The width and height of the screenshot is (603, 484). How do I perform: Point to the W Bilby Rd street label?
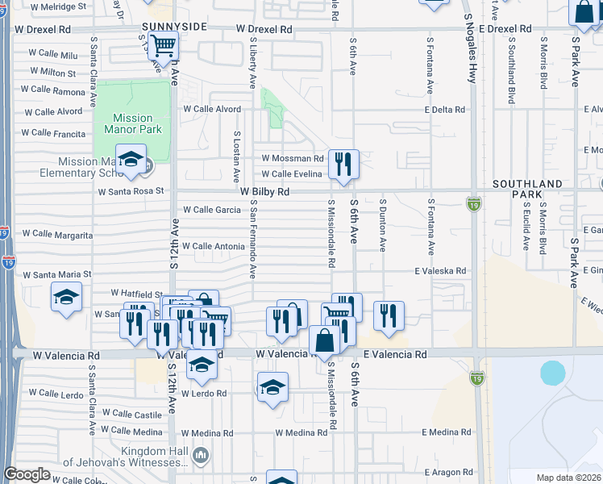(x=264, y=192)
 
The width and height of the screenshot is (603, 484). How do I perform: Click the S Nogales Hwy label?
(x=468, y=48)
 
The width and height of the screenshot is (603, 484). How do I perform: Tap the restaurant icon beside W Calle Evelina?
(x=343, y=164)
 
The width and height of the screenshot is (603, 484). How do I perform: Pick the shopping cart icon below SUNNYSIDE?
(x=164, y=46)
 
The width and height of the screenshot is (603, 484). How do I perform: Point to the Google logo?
(x=27, y=474)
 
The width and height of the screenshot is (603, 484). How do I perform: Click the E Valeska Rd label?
(x=440, y=272)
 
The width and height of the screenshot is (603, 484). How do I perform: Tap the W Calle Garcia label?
(x=212, y=210)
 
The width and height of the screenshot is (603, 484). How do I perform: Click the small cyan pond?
(x=552, y=372)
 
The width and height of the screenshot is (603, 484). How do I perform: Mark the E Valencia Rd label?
(x=395, y=354)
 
